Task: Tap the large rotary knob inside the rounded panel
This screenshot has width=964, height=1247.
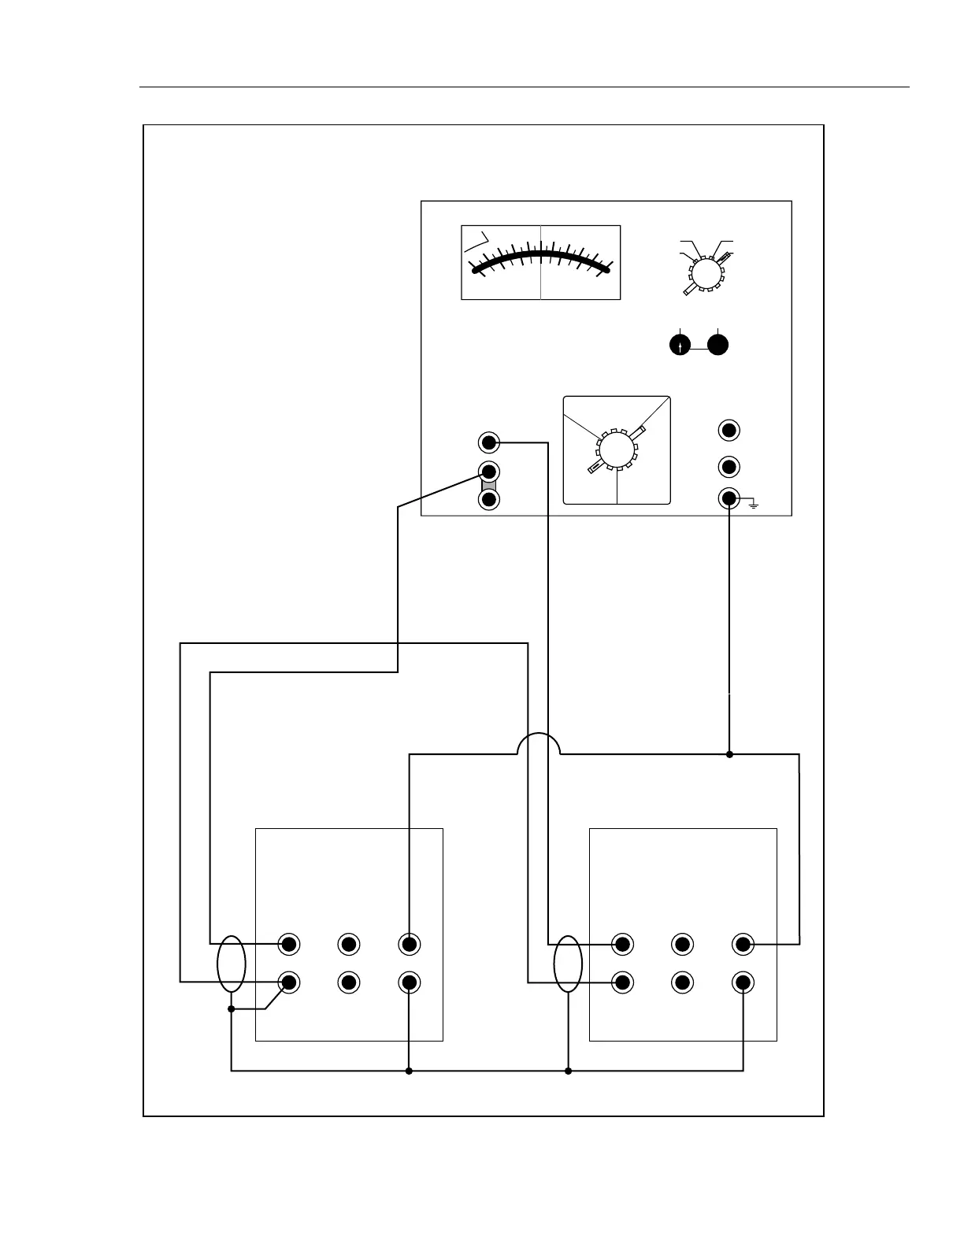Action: pos(617,451)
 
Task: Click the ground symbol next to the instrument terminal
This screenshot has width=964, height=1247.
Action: pos(754,504)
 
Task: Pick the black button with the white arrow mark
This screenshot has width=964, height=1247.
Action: pos(680,345)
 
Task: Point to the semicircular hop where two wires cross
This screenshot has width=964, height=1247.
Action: pos(539,745)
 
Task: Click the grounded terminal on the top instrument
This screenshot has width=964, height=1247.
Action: pos(729,498)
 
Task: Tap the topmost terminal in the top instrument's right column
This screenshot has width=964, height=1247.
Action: pos(729,431)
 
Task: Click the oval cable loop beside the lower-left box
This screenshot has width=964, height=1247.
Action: pos(232,964)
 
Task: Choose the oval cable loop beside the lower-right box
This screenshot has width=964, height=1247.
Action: pos(568,964)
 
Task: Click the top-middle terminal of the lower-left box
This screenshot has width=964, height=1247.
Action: pos(349,943)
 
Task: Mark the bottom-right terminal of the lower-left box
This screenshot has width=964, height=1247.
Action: pos(409,982)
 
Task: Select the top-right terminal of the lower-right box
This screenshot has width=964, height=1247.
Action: pos(743,943)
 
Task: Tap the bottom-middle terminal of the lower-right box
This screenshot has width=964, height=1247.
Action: pos(682,982)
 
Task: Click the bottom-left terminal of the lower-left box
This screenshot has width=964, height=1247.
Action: pos(290,982)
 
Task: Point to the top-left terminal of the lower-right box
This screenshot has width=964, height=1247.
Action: pos(622,943)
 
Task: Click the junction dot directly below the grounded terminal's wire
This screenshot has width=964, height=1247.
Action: pos(729,754)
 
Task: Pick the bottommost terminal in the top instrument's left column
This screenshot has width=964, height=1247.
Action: pos(489,500)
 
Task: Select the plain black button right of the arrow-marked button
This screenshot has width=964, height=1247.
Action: pos(717,345)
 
